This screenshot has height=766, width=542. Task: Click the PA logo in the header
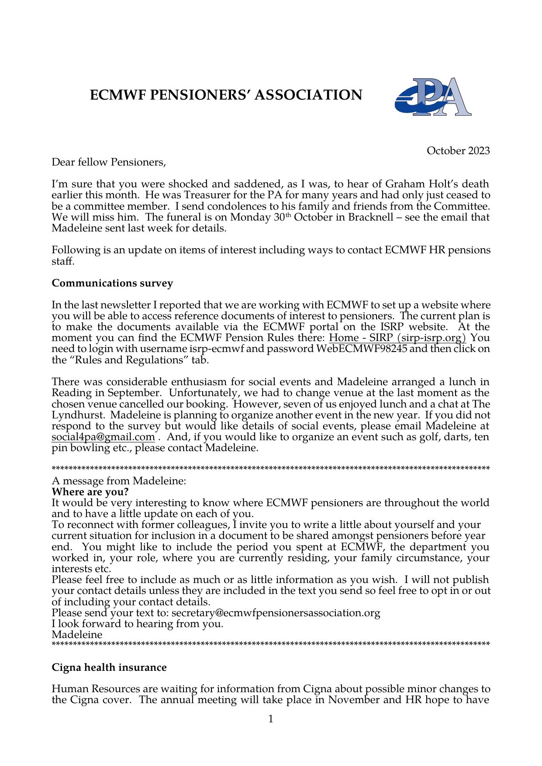pos(433,97)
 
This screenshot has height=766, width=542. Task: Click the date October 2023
pos(458,151)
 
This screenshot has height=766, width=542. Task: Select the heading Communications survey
pos(112,283)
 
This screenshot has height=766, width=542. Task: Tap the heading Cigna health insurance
pos(109,668)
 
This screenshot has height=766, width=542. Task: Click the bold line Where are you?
pos(90,492)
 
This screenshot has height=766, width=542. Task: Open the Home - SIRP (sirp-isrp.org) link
pos(397,338)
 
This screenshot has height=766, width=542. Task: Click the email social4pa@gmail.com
pos(103,437)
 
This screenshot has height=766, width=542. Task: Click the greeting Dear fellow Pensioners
pos(109,162)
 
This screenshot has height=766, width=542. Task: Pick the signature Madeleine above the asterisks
pos(77,635)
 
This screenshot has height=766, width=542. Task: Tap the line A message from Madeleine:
pos(119,481)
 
